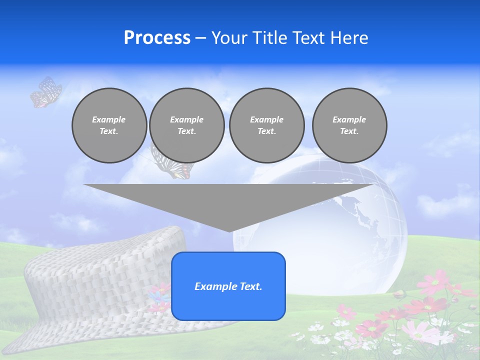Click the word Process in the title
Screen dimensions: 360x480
pos(157,38)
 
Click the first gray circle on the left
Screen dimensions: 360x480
pos(109,125)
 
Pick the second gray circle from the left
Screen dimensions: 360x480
pos(187,125)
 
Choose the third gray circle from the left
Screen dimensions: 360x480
pos(266,125)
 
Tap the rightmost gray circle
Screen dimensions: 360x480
pos(349,125)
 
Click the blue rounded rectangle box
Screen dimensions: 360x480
pos(228,286)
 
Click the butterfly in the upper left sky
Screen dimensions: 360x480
pos(45,92)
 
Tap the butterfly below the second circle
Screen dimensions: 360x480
pos(172,167)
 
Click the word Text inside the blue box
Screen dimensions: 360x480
pos(249,286)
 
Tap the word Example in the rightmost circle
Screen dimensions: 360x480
pos(349,119)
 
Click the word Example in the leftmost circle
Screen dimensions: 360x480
pos(109,119)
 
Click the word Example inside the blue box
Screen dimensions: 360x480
pos(214,286)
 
